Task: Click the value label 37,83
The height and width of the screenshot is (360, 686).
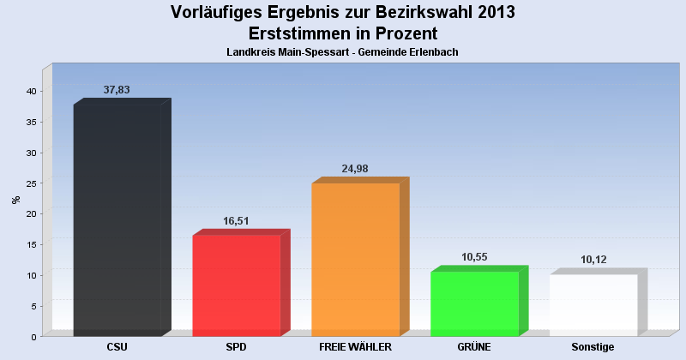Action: pyautogui.click(x=117, y=89)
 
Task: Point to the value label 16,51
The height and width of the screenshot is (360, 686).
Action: pyautogui.click(x=236, y=220)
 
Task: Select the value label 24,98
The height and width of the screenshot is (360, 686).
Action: pyautogui.click(x=355, y=168)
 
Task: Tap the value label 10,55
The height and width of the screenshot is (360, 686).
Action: pyautogui.click(x=474, y=256)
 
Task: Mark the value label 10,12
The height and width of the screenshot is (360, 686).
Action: pyautogui.click(x=593, y=260)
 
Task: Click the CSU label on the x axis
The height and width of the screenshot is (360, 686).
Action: pyautogui.click(x=117, y=347)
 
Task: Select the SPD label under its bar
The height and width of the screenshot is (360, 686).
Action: pyautogui.click(x=236, y=347)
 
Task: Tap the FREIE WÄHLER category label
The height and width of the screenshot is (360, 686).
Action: pyautogui.click(x=355, y=347)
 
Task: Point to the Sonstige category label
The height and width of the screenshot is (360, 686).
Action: pyautogui.click(x=593, y=347)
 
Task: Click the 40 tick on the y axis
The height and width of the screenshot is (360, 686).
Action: pyautogui.click(x=30, y=92)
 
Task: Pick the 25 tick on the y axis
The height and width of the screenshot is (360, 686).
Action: pyautogui.click(x=30, y=183)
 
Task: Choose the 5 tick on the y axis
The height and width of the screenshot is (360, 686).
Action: pyautogui.click(x=33, y=306)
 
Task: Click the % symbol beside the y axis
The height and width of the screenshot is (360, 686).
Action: pyautogui.click(x=15, y=200)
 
